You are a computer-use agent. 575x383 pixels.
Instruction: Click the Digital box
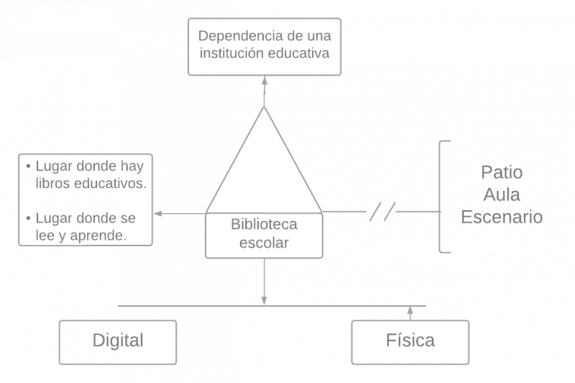coord(118,341)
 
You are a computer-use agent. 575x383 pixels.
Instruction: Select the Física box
coord(410,341)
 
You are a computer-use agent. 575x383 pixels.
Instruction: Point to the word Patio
coord(501,174)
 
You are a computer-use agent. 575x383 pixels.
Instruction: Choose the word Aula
coord(501,195)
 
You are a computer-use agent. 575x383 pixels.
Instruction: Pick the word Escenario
coord(501,217)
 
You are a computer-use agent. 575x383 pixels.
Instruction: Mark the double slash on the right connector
coord(382,212)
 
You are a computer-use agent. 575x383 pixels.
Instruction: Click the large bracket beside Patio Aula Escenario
coord(443,197)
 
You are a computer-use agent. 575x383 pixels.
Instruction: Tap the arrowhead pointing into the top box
coord(264,81)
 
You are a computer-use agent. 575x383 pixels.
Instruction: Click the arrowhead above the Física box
coord(410,310)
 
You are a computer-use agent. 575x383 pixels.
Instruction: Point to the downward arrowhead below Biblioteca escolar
coord(264,299)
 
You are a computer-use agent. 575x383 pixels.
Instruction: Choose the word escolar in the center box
coord(264,243)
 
